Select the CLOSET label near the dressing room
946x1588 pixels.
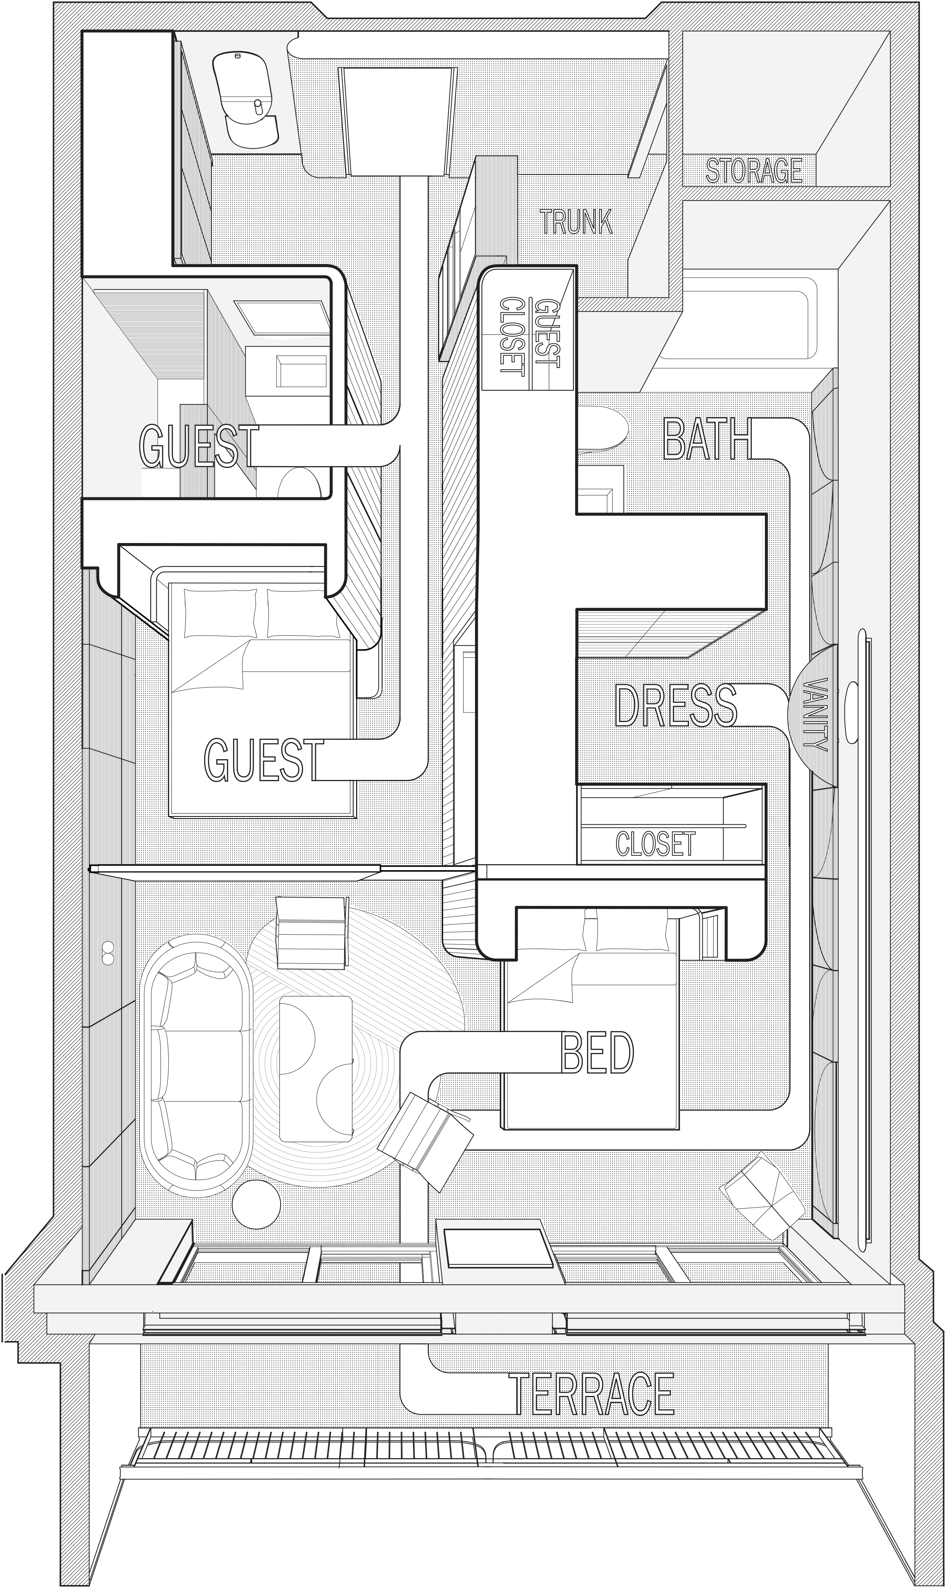click(x=655, y=843)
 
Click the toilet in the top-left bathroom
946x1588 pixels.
click(x=245, y=100)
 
